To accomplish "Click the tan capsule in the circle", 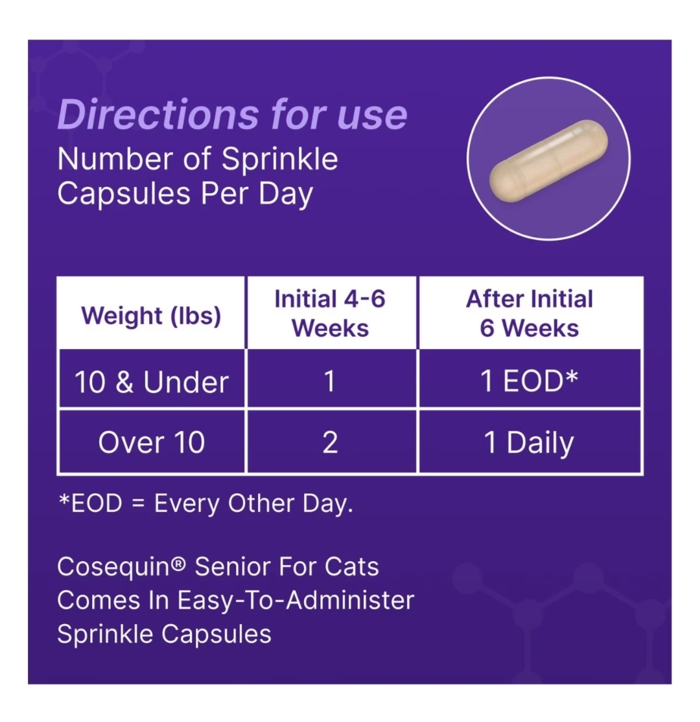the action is [548, 161].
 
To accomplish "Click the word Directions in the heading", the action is [158, 114].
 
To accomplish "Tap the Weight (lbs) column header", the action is [151, 317].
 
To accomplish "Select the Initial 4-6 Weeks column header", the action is [330, 313].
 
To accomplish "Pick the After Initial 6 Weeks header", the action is [530, 313].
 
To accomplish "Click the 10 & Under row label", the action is [151, 381].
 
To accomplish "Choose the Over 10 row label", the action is [151, 442].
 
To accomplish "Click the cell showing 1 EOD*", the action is [529, 381].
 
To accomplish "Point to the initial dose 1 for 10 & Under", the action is [329, 381].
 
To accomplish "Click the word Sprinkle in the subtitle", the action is [279, 160].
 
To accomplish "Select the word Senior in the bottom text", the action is [232, 566].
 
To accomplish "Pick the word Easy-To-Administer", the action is [296, 601].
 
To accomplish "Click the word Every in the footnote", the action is [187, 504].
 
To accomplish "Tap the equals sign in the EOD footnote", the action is [138, 504].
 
